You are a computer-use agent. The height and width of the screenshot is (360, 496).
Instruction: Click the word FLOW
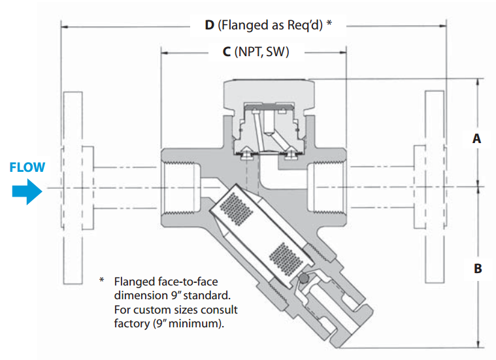(28, 167)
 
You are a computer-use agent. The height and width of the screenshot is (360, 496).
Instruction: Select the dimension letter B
(477, 269)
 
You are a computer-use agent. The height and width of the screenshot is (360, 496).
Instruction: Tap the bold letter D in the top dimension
(209, 25)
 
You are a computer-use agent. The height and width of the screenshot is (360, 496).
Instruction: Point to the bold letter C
(226, 52)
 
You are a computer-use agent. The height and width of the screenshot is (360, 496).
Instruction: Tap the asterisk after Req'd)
(329, 24)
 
